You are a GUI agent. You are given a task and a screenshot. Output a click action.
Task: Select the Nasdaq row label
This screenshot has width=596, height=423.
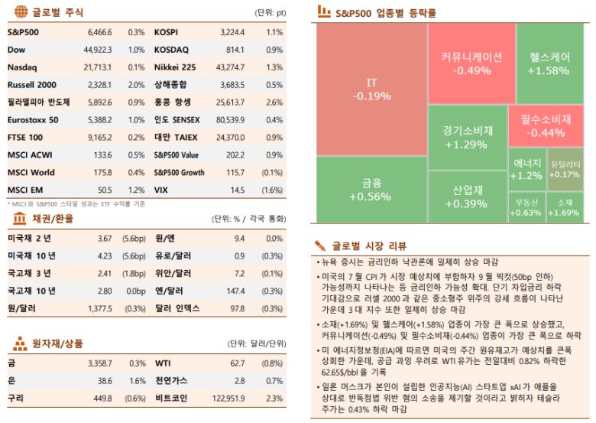tap(22, 67)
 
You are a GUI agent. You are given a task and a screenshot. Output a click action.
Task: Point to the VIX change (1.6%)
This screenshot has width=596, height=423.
tap(272, 189)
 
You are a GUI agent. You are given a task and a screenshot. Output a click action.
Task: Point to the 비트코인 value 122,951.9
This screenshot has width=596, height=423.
tap(228, 398)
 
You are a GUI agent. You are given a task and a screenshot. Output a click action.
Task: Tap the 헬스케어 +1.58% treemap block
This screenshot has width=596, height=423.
tap(547, 63)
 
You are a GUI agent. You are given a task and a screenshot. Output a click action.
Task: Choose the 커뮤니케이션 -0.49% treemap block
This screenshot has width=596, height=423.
tap(471, 63)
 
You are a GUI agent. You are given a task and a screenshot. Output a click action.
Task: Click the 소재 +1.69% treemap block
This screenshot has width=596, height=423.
tap(565, 207)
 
